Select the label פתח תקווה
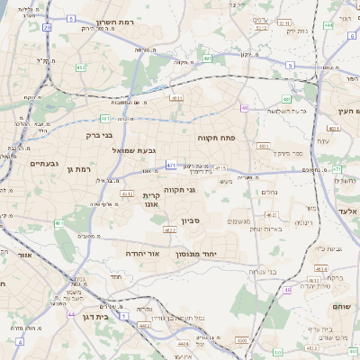pos(216,137)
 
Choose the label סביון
pos(190,220)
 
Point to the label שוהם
pos(343,306)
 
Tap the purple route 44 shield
pos(71,314)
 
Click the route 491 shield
pos(207,58)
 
